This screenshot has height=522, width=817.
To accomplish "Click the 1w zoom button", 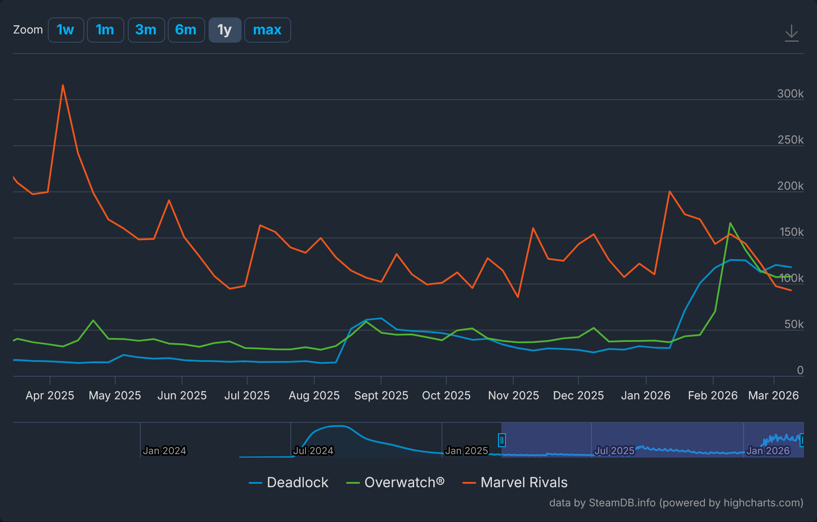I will click(x=66, y=30).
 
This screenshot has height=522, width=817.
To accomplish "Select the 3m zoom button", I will click(x=146, y=30).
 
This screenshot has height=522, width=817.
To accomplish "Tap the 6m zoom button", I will click(x=186, y=30).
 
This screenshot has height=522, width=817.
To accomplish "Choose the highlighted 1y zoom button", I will click(x=225, y=30).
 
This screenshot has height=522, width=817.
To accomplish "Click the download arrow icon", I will click(x=791, y=33).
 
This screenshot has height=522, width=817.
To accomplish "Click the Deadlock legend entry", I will click(x=297, y=482).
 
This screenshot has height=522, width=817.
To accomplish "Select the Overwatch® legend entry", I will click(x=404, y=482).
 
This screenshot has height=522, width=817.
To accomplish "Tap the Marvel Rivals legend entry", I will click(x=524, y=482).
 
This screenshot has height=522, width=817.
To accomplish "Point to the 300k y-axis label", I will click(x=790, y=94).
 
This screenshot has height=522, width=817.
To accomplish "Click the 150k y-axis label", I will click(x=791, y=232).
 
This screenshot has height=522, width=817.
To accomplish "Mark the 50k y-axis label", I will click(x=794, y=324).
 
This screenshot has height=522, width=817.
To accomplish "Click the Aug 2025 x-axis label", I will click(x=314, y=395).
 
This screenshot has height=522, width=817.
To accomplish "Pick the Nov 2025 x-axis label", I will click(x=513, y=395).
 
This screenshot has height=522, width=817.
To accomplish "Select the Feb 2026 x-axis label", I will click(x=713, y=395).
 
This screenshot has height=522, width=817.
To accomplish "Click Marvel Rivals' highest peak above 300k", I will click(x=63, y=85).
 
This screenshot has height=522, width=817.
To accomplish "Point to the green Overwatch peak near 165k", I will click(x=730, y=223).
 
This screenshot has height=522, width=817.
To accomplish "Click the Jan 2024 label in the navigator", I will click(x=164, y=451).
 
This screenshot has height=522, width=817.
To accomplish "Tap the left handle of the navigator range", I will click(x=501, y=440).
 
